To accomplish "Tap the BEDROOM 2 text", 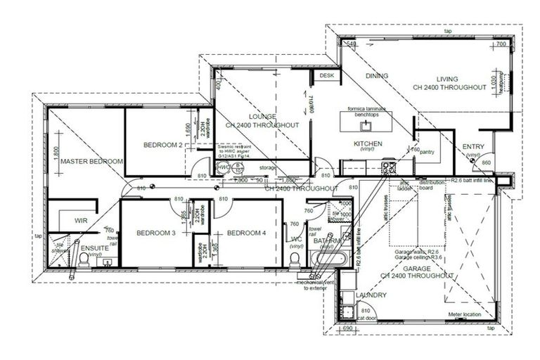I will pos(163,145).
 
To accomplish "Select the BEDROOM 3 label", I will pos(155,233).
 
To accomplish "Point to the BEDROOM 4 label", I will pos(246,233).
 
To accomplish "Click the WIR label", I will pos(80,221).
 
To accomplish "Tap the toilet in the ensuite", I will pos(83,261).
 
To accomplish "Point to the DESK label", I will pos(326,75).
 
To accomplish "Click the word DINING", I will pos(377,76).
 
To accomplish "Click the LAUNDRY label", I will pos(371,295).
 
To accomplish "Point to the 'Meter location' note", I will pos(463,315).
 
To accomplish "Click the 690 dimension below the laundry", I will pos(345,328).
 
